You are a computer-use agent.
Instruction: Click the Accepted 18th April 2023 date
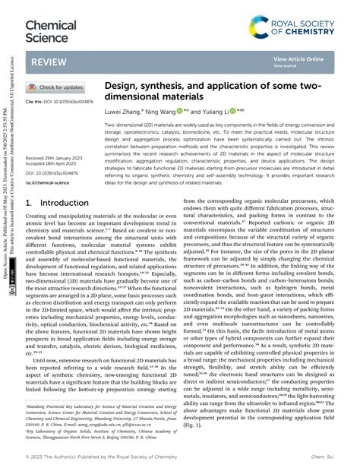point(52,164)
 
